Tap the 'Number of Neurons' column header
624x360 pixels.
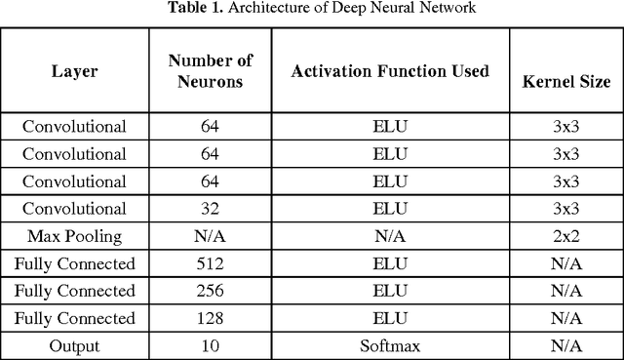[x=210, y=71]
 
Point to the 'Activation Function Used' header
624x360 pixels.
[x=390, y=71]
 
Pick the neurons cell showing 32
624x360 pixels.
[x=210, y=208]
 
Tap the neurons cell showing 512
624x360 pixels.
[x=210, y=262]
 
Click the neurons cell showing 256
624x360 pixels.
[x=210, y=290]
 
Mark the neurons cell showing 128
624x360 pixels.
[x=210, y=317]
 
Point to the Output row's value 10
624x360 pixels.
[x=210, y=344]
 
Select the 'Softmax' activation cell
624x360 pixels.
[x=390, y=344]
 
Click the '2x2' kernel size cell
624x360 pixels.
[x=565, y=235]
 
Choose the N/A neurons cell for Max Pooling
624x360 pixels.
[x=210, y=235]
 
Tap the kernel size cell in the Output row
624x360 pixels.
[x=565, y=344]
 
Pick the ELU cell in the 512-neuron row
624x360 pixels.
[x=390, y=262]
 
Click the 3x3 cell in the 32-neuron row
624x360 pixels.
[x=565, y=208]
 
